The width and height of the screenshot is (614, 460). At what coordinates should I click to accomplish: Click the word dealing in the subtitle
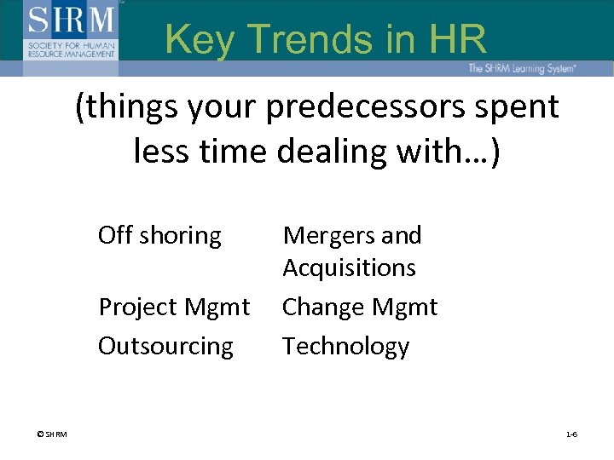(340, 152)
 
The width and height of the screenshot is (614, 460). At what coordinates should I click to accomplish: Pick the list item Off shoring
(159, 235)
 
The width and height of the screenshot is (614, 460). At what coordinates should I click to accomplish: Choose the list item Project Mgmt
(174, 307)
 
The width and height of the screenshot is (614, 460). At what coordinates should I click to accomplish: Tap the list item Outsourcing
(165, 346)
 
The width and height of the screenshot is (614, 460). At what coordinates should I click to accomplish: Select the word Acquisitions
(349, 267)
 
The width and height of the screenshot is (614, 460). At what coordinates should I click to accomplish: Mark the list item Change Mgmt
(359, 307)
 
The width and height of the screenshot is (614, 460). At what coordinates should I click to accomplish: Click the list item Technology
(345, 346)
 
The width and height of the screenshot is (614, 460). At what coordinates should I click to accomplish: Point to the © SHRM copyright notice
(52, 434)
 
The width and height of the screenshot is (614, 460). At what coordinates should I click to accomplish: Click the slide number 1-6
(571, 434)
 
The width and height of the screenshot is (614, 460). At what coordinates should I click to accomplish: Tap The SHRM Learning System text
(521, 68)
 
